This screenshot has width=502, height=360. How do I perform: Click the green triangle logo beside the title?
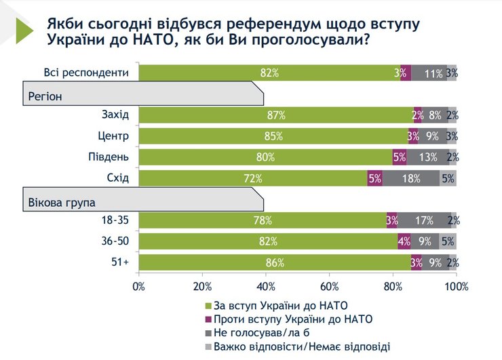24,31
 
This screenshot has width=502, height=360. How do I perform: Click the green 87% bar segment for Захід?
275,115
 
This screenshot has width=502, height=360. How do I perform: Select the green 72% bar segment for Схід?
252,178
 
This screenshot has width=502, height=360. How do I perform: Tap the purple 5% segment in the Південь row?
399,157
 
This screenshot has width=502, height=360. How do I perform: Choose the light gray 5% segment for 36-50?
448,241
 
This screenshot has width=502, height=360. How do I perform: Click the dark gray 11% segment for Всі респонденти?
429,73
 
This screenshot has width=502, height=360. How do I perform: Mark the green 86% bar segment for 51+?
275,262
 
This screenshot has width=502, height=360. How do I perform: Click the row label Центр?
113,136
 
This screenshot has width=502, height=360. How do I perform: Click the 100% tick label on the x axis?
456,287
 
